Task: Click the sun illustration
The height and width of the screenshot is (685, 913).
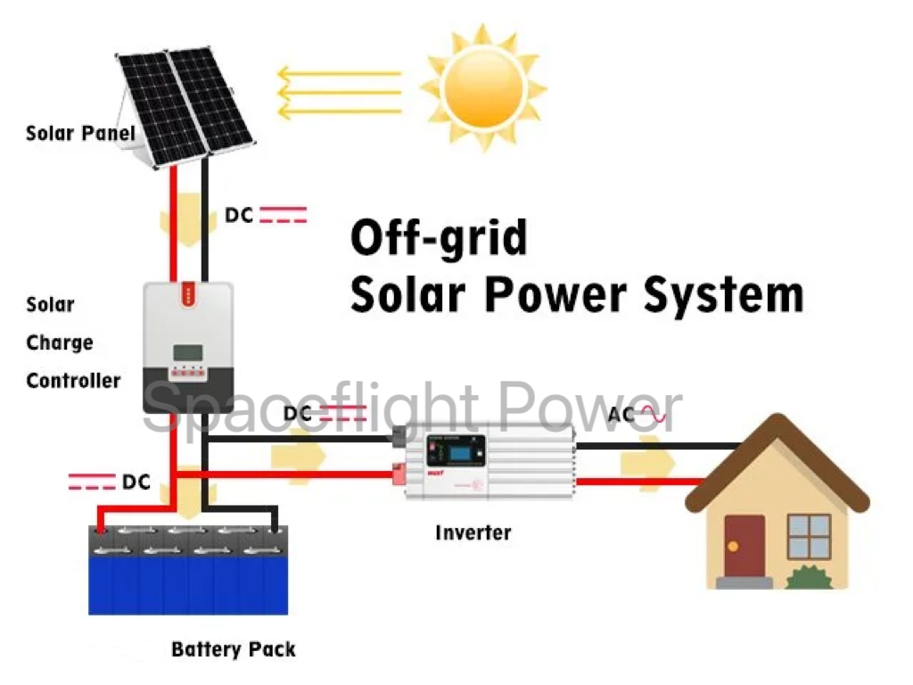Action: point(482,87)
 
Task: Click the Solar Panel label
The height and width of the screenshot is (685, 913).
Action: point(80,134)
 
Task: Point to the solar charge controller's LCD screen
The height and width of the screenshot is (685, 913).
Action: point(186,351)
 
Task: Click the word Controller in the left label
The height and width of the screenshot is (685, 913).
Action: point(73,381)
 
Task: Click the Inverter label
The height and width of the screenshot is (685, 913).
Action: point(473,533)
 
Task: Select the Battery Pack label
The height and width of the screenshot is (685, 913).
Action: point(233,649)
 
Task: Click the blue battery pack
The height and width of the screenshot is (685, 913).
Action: point(188,571)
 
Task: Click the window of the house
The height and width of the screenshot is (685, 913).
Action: point(809,536)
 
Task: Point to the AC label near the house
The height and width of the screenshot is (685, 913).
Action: point(622,415)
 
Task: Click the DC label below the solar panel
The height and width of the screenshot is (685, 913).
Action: point(240,215)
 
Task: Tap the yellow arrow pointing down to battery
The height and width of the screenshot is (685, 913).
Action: point(189,501)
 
